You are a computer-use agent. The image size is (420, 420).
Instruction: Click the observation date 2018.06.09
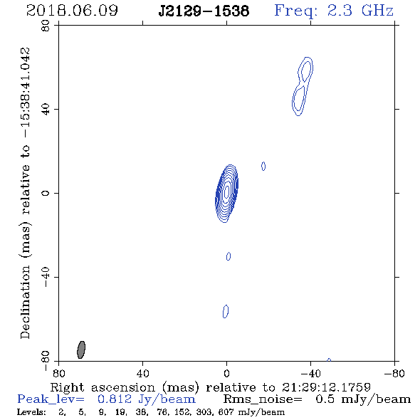[x=72, y=11]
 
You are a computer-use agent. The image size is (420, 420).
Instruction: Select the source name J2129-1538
[x=204, y=11]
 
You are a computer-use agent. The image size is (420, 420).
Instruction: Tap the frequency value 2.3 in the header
[x=340, y=11]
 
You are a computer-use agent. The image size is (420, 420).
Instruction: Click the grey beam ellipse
[x=81, y=350]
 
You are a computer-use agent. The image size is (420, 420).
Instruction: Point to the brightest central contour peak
[x=227, y=191]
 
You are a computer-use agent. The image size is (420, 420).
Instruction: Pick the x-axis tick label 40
[x=142, y=374]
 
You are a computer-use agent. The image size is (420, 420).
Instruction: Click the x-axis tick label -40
[x=310, y=374]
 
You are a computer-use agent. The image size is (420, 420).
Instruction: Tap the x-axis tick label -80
[x=394, y=374]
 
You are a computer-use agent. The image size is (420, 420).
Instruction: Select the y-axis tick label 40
[x=46, y=110]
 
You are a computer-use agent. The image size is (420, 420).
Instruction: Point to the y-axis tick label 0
[x=46, y=193]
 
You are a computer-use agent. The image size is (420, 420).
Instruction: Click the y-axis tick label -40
[x=46, y=277]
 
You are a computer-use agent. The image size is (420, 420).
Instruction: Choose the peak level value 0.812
[x=115, y=399]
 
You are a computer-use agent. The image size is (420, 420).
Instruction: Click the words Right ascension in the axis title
[x=103, y=387]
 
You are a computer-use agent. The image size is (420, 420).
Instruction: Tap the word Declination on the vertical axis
[x=25, y=302]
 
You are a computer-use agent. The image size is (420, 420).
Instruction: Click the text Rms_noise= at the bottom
[x=263, y=399]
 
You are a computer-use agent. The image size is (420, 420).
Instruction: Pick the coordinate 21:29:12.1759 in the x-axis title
[x=326, y=387]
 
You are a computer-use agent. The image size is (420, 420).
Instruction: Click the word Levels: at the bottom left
[x=31, y=412]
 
